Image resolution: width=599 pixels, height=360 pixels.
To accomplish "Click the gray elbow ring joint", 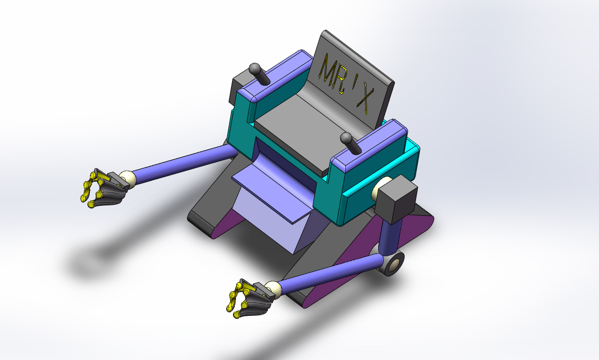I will click(x=393, y=264).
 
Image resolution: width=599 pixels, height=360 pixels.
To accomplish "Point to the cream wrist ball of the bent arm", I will click(x=273, y=290).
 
